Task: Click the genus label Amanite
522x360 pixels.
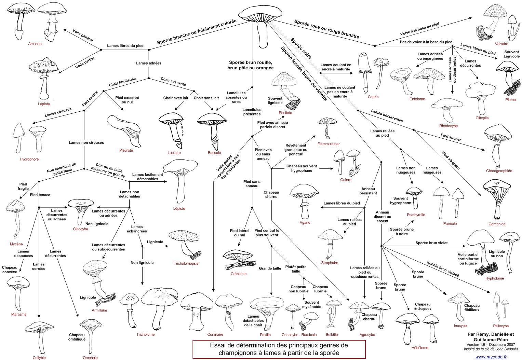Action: [35, 44]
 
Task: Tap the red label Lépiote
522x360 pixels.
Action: [44, 104]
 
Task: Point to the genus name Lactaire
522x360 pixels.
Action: [174, 153]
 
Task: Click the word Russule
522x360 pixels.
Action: [214, 153]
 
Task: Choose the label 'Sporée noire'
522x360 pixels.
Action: [301, 48]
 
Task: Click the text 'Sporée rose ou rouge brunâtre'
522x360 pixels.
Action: [326, 29]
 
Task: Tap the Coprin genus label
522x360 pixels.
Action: [373, 97]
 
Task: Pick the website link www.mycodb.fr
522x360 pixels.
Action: [491, 357]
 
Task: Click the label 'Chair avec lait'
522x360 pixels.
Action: [176, 98]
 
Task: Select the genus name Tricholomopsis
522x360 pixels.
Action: [186, 263]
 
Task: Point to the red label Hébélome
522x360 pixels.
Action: [420, 348]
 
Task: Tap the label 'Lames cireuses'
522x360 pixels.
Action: [58, 112]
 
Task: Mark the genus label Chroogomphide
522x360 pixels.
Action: [499, 171]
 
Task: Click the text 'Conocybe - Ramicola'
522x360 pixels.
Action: [299, 335]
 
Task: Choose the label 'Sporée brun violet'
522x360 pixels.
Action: [431, 243]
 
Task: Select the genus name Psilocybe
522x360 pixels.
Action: [501, 326]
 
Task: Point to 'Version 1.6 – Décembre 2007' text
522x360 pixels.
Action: [491, 344]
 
